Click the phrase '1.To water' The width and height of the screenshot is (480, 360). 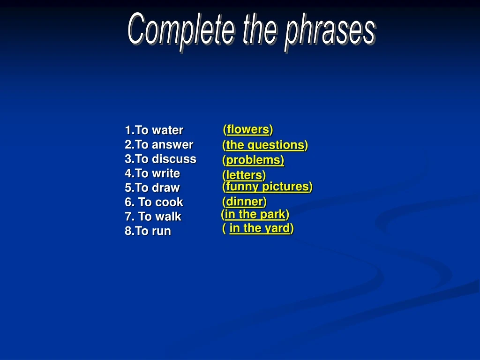point(154,130)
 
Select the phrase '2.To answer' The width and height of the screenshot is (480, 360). point(159,144)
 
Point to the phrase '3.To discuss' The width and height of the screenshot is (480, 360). point(160,159)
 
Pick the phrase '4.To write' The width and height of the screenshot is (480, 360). point(152,173)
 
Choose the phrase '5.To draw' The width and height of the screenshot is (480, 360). point(152,188)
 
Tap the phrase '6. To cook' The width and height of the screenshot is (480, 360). point(154,202)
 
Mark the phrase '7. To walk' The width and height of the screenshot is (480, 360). point(153,217)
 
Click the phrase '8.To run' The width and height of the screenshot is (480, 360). point(148,231)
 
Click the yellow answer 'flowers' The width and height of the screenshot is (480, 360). point(247,129)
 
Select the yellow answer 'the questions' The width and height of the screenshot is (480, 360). point(265,145)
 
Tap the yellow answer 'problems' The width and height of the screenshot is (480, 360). point(255,160)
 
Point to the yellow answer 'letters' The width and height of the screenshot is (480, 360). point(244,175)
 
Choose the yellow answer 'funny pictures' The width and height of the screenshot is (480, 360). point(267,187)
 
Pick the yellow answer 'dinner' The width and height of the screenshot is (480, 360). point(244,202)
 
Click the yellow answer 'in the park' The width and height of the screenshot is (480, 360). point(255,214)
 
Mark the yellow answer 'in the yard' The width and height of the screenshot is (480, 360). point(259,228)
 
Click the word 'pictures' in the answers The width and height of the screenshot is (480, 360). point(285,187)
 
